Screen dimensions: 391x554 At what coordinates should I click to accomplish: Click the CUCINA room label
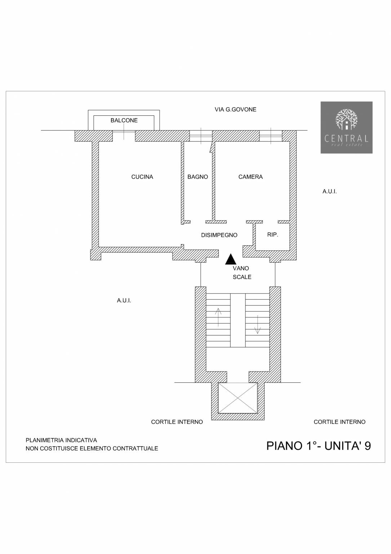[142, 177]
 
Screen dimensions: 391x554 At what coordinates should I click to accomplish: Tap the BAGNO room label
[198, 177]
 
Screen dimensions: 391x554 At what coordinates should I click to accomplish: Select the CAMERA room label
[250, 177]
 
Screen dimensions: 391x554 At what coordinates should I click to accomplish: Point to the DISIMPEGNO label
[219, 235]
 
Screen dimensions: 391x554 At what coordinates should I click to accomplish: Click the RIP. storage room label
[272, 235]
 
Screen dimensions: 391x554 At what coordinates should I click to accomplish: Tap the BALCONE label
[124, 120]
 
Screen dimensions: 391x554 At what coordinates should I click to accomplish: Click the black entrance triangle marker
[231, 259]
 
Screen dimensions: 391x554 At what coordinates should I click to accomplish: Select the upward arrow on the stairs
[218, 317]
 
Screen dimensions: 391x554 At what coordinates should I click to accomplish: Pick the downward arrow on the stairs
[258, 325]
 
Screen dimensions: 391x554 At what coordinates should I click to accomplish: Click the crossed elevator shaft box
[238, 398]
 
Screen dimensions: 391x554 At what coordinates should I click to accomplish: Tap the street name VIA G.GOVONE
[236, 110]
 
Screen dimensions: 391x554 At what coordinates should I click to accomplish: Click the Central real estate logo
[347, 127]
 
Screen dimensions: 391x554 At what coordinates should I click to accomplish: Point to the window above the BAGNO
[201, 136]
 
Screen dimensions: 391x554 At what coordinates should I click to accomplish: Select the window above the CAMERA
[271, 136]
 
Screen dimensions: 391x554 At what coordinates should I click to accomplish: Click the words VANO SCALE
[242, 273]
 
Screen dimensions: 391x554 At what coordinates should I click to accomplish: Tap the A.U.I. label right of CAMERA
[329, 192]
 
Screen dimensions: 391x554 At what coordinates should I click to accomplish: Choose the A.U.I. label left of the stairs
[124, 301]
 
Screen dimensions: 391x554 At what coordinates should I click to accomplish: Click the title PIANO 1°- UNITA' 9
[319, 446]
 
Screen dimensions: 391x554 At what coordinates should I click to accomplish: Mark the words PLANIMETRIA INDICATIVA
[61, 440]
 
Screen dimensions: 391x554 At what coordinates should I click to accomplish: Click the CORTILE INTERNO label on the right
[339, 422]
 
